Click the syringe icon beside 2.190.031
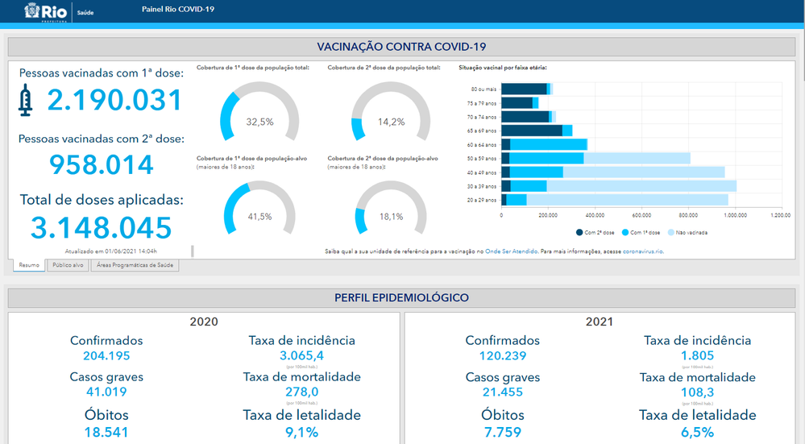(x=26, y=101)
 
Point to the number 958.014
(x=102, y=164)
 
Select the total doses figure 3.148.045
(x=102, y=227)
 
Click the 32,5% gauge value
(x=259, y=122)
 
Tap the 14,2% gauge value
(x=391, y=122)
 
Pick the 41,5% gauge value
(x=259, y=217)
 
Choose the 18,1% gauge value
(x=391, y=217)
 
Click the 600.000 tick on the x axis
(x=641, y=215)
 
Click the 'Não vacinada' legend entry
(x=690, y=233)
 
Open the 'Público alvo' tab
(x=68, y=265)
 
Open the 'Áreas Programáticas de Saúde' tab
(x=135, y=265)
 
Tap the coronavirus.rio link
(x=643, y=251)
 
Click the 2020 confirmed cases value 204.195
(x=106, y=355)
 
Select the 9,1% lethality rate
(x=301, y=432)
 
